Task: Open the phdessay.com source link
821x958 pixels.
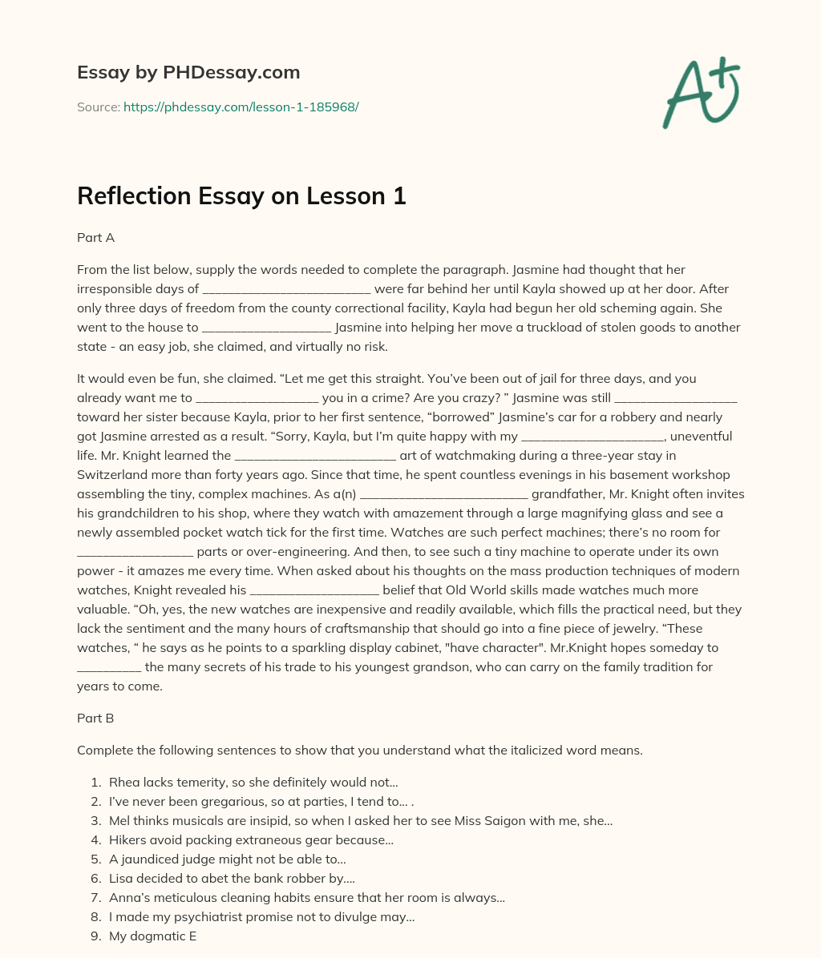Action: click(241, 107)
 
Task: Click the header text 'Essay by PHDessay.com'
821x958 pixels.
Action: click(188, 73)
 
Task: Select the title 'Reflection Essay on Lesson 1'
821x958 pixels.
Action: click(241, 196)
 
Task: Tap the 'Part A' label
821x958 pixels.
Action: click(95, 238)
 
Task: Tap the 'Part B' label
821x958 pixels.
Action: click(95, 718)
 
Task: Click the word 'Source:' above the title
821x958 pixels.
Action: click(98, 107)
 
